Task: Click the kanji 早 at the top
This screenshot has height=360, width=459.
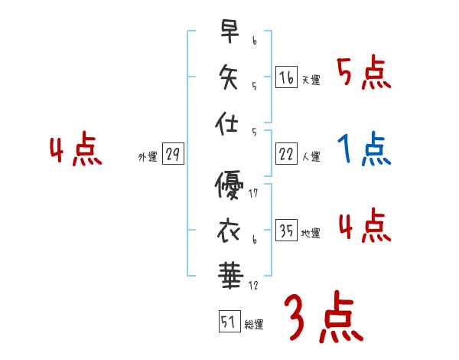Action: click(x=229, y=31)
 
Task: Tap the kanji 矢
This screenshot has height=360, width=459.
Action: click(x=229, y=77)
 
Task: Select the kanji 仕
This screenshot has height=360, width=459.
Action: click(x=229, y=122)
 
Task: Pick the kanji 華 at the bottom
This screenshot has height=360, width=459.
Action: click(x=229, y=273)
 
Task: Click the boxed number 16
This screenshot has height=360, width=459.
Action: click(x=286, y=77)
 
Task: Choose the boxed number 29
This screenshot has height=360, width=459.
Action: click(x=173, y=155)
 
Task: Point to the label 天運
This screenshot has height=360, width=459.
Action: click(x=311, y=80)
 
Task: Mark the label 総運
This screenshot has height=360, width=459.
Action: click(x=254, y=325)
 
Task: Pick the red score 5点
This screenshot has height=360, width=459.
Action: click(x=363, y=74)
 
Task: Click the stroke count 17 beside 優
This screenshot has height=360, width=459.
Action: click(x=253, y=194)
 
